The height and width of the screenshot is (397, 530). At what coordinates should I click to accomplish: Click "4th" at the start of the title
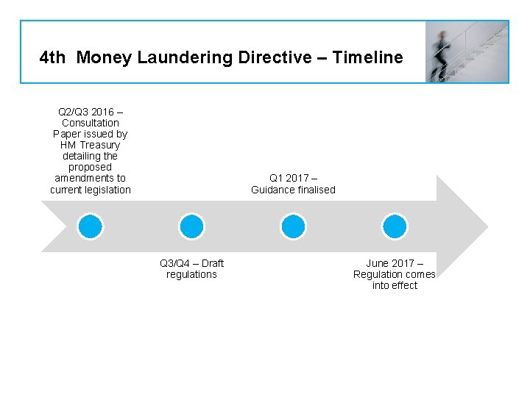tap(52, 57)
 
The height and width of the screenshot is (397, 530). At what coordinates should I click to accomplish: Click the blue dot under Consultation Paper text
tap(91, 226)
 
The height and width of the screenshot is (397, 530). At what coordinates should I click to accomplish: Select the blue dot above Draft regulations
tap(191, 226)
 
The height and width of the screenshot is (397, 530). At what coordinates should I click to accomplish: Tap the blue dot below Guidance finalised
tap(293, 226)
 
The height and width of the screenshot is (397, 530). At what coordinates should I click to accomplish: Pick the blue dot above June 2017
tap(395, 226)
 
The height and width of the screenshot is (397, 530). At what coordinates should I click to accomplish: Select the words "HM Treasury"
tap(90, 145)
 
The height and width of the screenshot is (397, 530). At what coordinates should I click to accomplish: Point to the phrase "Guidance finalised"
tap(293, 190)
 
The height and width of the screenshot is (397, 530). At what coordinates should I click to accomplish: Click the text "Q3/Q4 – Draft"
tap(191, 263)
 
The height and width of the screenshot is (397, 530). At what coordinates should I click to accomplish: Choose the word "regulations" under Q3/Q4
tap(191, 274)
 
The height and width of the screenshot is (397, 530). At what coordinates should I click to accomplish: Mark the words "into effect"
tap(395, 285)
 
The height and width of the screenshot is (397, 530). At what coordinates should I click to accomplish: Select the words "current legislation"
tap(91, 190)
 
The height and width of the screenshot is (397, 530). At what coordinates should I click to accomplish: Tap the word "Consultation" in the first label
tap(91, 123)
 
